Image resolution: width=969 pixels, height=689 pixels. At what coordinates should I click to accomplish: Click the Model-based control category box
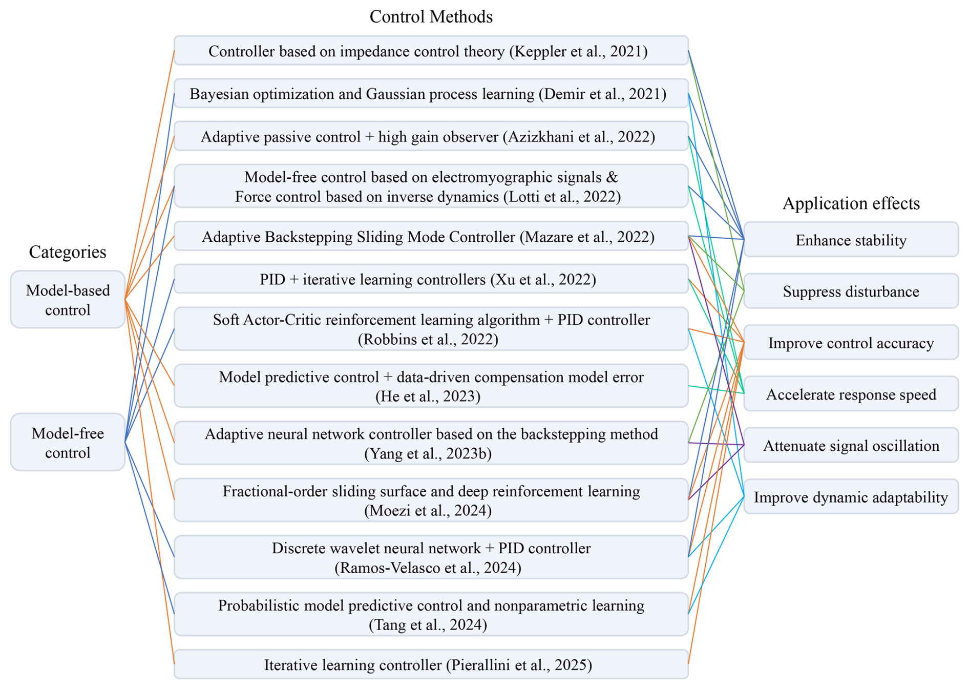(x=68, y=300)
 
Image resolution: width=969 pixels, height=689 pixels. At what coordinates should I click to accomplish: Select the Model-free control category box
(x=68, y=443)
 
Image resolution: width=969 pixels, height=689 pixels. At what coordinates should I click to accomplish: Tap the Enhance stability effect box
(x=851, y=240)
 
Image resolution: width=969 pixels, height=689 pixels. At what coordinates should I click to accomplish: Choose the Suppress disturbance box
(x=851, y=291)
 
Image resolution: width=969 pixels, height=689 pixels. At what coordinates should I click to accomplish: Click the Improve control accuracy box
(x=851, y=343)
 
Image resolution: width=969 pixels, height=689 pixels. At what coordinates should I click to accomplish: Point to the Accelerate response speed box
(x=851, y=394)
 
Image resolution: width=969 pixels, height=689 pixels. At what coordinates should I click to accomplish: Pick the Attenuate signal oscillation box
(x=851, y=445)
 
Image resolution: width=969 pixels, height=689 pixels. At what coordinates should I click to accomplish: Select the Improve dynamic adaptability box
(x=851, y=497)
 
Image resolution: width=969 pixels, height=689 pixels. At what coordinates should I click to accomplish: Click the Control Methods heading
(x=431, y=16)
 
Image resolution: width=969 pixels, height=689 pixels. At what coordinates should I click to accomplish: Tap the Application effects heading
(x=851, y=203)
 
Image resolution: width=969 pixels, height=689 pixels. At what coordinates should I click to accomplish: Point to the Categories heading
(x=68, y=252)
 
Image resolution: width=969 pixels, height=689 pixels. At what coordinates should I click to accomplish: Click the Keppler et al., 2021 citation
(x=578, y=51)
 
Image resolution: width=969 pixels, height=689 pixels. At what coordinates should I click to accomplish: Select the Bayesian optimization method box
(x=431, y=94)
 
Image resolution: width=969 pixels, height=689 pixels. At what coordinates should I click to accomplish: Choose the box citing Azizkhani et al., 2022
(x=431, y=137)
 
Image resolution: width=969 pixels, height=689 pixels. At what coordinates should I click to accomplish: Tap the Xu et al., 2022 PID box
(x=431, y=279)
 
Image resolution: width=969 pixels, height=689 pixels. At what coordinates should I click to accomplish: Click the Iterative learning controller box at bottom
(x=431, y=664)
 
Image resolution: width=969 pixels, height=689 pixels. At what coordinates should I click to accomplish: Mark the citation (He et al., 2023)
(x=428, y=396)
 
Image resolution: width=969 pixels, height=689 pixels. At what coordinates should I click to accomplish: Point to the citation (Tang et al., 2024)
(x=428, y=624)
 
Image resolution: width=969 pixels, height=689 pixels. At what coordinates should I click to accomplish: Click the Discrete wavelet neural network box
(x=431, y=557)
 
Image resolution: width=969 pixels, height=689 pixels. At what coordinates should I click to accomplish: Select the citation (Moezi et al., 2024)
(x=428, y=511)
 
